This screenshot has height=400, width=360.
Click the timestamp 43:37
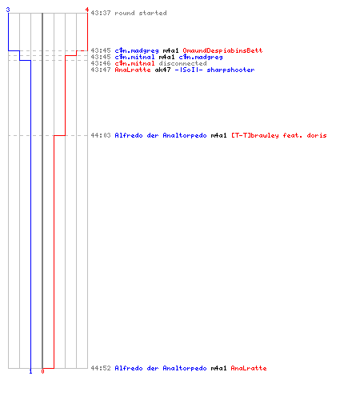coord(101,13)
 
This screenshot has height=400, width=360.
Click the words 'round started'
coord(141,13)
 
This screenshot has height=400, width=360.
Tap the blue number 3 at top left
coord(8,10)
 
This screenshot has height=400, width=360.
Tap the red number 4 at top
coord(86,10)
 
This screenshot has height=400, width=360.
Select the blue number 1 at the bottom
coord(30,371)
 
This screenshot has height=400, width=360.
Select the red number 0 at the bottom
coord(42,371)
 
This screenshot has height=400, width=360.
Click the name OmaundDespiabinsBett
coord(222,50)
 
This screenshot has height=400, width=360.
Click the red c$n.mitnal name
coord(134,63)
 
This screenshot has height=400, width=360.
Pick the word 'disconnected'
coord(182,63)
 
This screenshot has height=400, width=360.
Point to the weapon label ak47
coord(162,70)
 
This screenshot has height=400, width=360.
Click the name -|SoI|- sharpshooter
coord(214,70)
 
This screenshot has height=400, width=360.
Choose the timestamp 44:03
coord(101,135)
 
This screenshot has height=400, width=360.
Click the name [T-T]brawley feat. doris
coord(279,135)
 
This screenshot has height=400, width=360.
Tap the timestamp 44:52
coord(101,368)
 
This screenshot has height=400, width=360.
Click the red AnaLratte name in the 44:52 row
coord(249,368)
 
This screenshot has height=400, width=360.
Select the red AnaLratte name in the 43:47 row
coord(133,70)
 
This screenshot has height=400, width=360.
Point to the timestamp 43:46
coord(101,63)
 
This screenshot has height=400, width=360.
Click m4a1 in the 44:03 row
coord(218,135)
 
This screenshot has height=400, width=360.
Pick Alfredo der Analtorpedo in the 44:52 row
coord(161,368)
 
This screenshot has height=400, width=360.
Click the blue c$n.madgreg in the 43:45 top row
coord(137,50)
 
